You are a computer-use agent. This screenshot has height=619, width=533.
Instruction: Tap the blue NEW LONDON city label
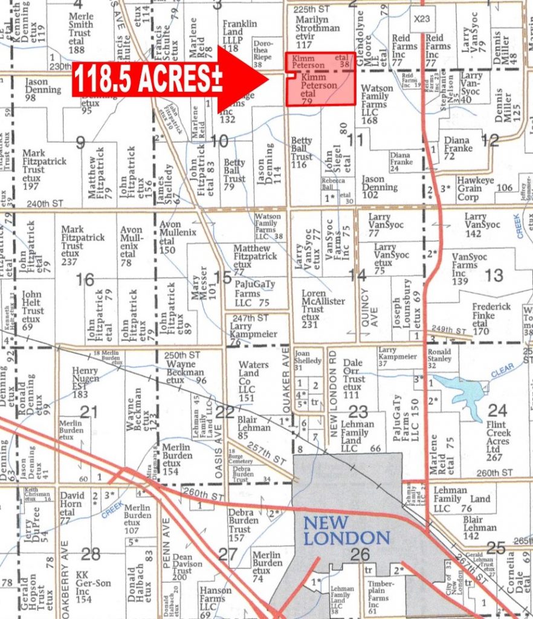346,530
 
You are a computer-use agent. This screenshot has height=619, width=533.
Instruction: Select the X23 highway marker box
422,19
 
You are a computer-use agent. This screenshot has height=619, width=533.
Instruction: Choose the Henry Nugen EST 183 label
84,382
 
